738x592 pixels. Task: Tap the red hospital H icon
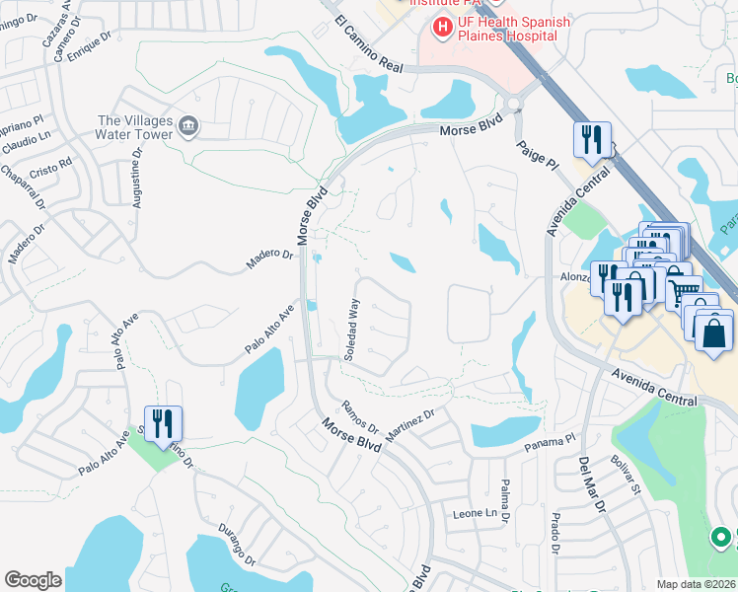coord(441,28)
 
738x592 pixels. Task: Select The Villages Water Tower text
coord(135,127)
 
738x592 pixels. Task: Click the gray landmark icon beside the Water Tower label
coord(188,126)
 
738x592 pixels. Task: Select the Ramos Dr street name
coord(360,416)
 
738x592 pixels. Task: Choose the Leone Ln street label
coord(475,513)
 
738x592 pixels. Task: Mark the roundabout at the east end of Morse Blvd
coord(514,104)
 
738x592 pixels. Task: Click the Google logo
coord(33,580)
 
